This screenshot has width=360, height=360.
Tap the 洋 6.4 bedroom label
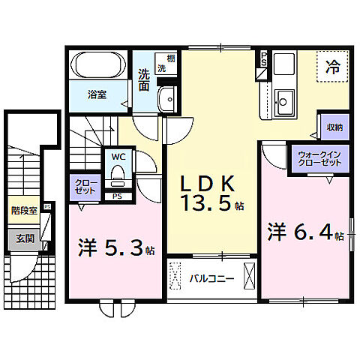[304, 232]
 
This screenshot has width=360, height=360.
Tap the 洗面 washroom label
[144, 79]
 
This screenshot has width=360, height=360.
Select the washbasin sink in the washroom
[168, 99]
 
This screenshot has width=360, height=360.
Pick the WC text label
[118, 157]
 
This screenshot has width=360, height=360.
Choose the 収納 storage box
[332, 127]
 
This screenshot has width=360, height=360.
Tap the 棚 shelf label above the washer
[171, 59]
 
